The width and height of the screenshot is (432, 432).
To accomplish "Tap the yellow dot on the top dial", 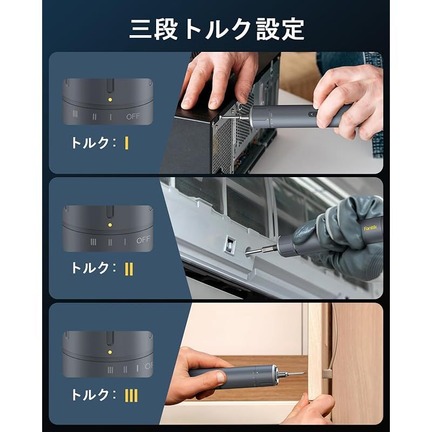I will pyautogui.click(x=110, y=100).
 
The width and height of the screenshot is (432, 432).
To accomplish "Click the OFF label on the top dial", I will pyautogui.click(x=133, y=116).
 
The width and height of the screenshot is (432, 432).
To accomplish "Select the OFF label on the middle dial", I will pyautogui.click(x=143, y=240).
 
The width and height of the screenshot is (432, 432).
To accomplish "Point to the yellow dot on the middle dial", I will pyautogui.click(x=110, y=224).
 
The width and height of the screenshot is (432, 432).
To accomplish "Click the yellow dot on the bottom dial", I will pyautogui.click(x=110, y=352).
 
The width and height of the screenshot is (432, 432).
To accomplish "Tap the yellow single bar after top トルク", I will pyautogui.click(x=126, y=143).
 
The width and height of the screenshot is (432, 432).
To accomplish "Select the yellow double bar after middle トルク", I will pyautogui.click(x=129, y=268).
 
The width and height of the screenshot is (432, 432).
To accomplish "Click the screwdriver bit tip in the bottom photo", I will pyautogui.click(x=302, y=373).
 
